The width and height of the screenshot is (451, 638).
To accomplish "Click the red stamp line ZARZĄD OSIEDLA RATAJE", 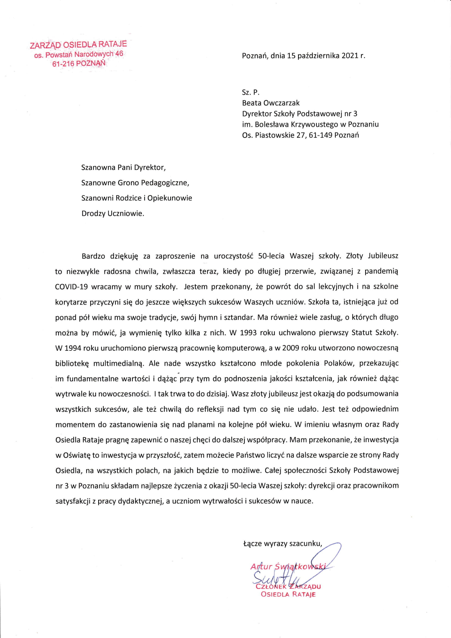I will (x=78, y=44).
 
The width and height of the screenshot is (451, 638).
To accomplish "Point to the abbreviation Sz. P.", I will (x=251, y=92).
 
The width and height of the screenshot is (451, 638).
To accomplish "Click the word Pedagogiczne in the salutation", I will (x=165, y=183).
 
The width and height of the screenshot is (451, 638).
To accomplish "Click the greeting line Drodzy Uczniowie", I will (x=113, y=213).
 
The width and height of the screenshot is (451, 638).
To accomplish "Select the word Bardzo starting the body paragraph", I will (x=93, y=256).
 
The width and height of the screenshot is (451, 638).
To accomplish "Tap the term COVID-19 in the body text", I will (x=71, y=287).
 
